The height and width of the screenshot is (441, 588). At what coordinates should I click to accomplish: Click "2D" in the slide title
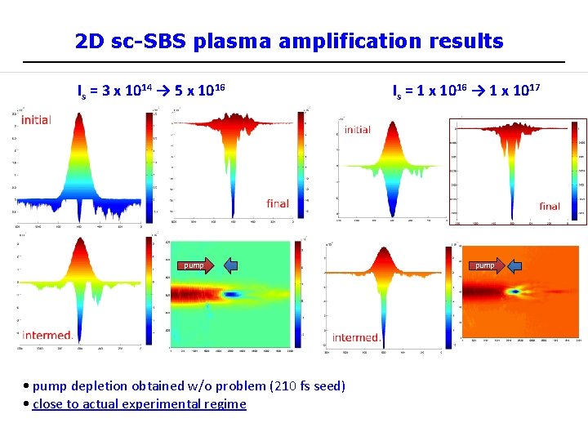90,41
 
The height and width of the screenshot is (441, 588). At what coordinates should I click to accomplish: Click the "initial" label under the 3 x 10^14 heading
36,120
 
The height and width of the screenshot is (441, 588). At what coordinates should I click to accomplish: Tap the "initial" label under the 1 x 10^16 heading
357,130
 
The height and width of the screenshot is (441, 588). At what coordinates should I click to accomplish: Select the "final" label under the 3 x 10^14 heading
278,203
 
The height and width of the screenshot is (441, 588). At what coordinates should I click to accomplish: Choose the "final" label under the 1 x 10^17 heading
550,207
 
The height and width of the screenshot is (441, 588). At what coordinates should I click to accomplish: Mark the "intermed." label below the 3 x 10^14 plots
47,335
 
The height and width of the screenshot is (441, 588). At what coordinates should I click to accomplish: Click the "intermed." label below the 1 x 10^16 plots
356,337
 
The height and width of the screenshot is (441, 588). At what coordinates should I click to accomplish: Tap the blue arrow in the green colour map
231,265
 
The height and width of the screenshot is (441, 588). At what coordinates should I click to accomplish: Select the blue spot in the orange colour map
516,290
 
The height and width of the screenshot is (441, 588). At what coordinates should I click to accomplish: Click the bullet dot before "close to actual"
28,403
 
